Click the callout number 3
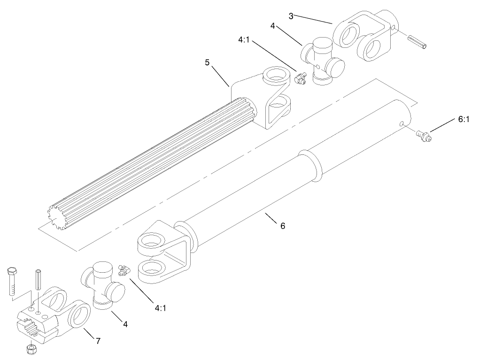(x=291, y=16)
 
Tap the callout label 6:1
(x=463, y=120)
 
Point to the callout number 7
(x=98, y=341)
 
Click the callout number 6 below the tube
(x=282, y=226)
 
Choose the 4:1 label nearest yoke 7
(x=160, y=308)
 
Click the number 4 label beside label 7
(x=125, y=324)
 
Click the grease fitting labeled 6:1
(x=424, y=137)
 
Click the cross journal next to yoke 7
(x=104, y=285)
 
